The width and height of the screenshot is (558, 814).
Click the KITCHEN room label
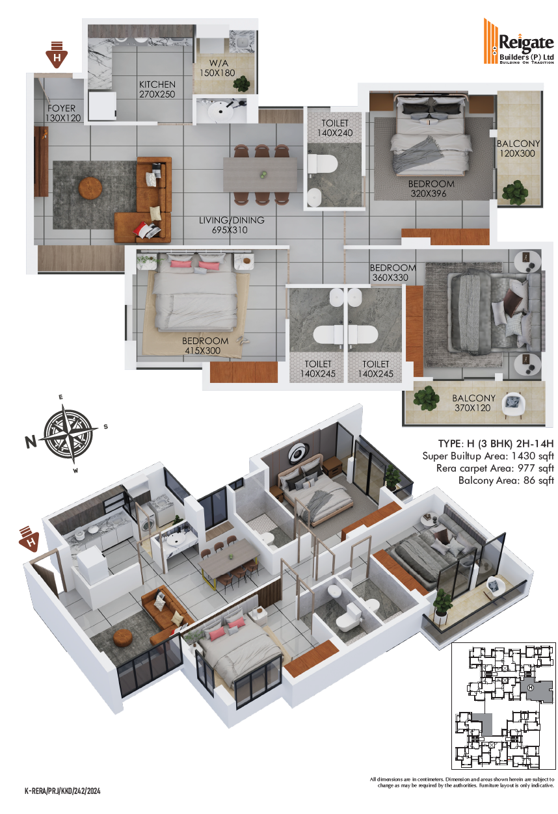pyautogui.click(x=157, y=85)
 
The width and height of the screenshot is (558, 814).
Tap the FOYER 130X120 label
pyautogui.click(x=63, y=113)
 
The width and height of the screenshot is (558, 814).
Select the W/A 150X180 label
pyautogui.click(x=217, y=68)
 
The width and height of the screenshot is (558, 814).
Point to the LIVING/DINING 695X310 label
pyautogui.click(x=231, y=225)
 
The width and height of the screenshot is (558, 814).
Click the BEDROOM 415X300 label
pyautogui.click(x=205, y=346)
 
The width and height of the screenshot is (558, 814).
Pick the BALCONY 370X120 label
pyautogui.click(x=473, y=403)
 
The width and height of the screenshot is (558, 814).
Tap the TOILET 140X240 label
pyautogui.click(x=335, y=128)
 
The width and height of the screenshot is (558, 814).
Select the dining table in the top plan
pyautogui.click(x=260, y=174)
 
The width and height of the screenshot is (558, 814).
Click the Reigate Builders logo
pyautogui.click(x=518, y=41)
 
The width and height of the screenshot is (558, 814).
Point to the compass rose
pyautogui.click(x=68, y=433)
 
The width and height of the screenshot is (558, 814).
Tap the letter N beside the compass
pyautogui.click(x=31, y=441)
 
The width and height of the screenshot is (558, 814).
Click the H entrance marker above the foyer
pyautogui.click(x=57, y=55)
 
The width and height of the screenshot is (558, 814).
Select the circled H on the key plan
pyautogui.click(x=531, y=687)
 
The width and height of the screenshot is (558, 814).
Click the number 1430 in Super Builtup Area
pyautogui.click(x=523, y=456)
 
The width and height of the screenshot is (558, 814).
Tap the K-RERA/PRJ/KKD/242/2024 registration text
pyautogui.click(x=62, y=791)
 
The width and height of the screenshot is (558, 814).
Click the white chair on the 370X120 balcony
pyautogui.click(x=513, y=404)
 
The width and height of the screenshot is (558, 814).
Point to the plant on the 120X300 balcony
pyautogui.click(x=516, y=192)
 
